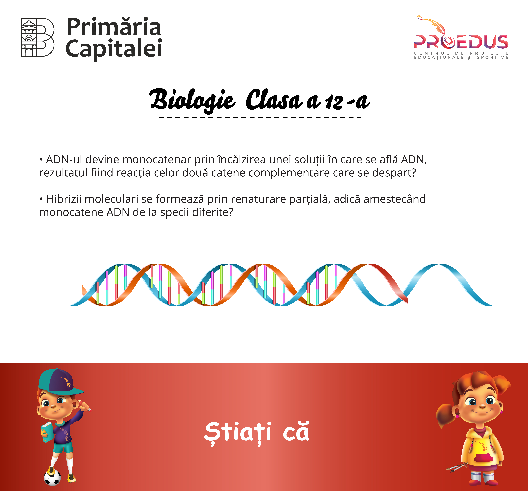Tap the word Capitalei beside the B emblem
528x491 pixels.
pyautogui.click(x=114, y=49)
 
